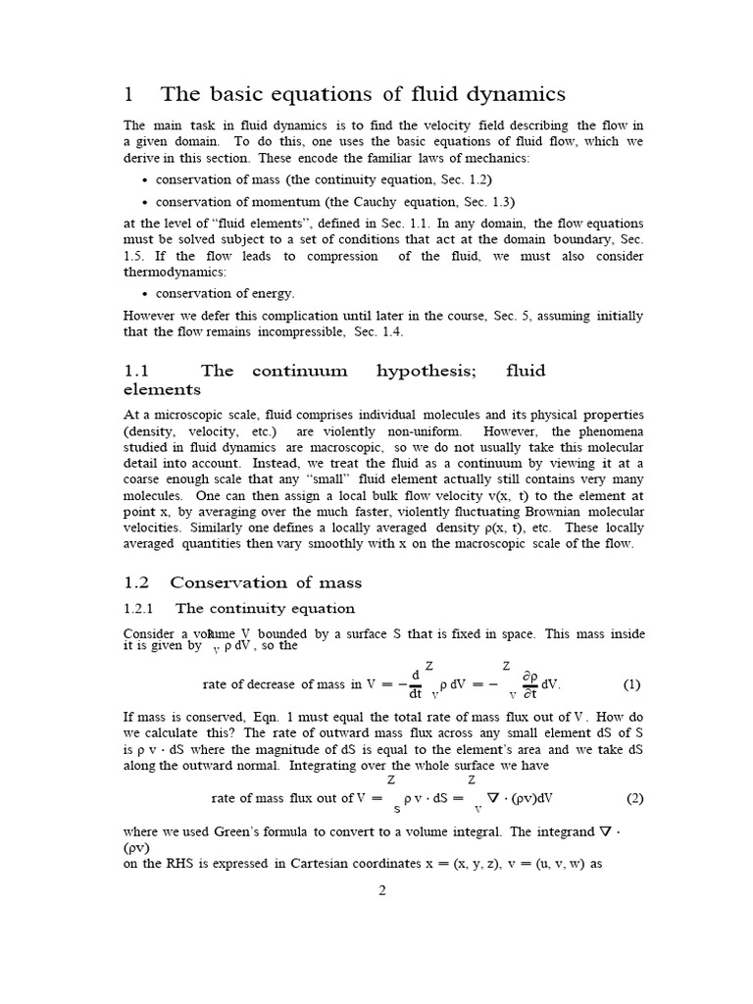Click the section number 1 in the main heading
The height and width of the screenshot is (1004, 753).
[x=128, y=94]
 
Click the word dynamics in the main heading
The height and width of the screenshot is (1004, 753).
[x=513, y=95]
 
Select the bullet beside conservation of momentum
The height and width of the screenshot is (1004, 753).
[x=146, y=202]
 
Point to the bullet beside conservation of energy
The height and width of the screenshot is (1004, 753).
[x=146, y=293]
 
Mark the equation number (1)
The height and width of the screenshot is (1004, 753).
[x=633, y=683]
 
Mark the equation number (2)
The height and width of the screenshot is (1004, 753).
[x=633, y=798]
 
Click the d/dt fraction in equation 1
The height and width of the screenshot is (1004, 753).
[x=416, y=683]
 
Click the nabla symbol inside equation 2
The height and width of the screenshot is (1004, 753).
[x=509, y=797]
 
